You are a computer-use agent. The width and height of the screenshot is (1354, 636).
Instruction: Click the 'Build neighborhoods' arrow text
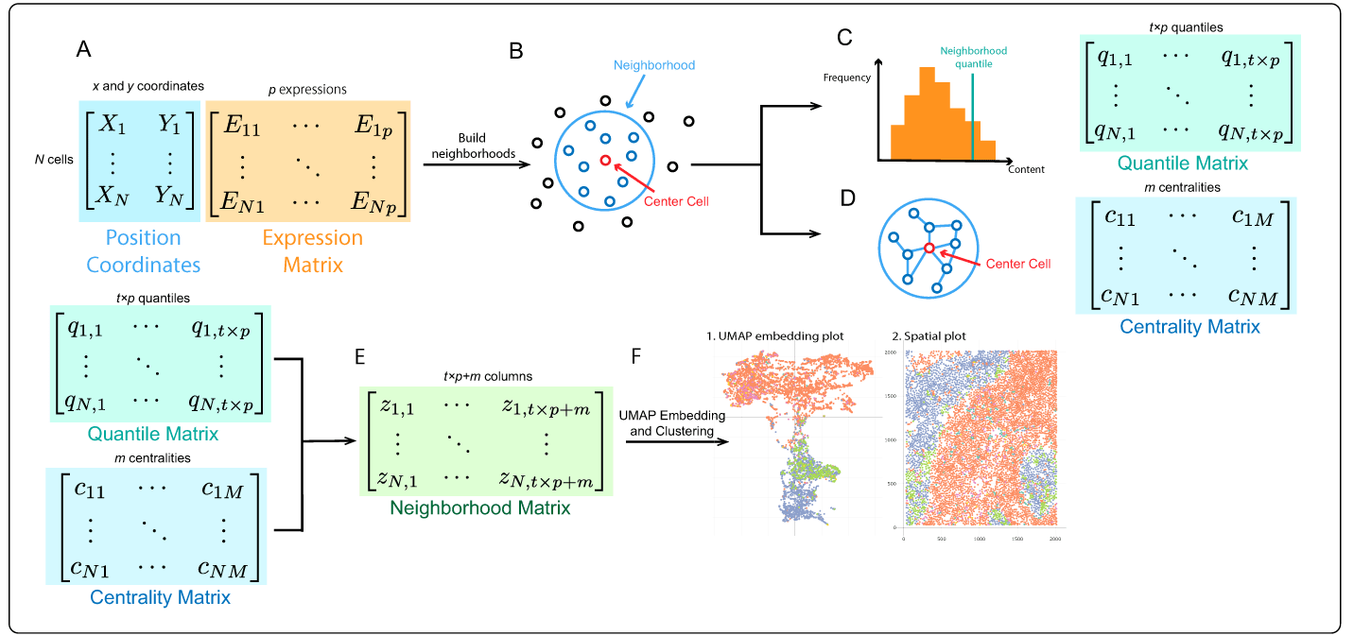click(471, 146)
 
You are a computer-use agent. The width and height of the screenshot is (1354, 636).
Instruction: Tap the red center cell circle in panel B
click(605, 160)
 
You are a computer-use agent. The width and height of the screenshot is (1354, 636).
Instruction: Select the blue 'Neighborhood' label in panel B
click(654, 65)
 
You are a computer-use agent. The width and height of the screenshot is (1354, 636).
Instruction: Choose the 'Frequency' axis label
click(846, 77)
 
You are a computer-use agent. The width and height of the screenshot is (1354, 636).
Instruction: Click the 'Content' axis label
click(1026, 170)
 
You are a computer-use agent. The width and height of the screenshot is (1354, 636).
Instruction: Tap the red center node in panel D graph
click(929, 248)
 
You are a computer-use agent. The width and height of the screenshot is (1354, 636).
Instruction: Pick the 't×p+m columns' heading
click(487, 376)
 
